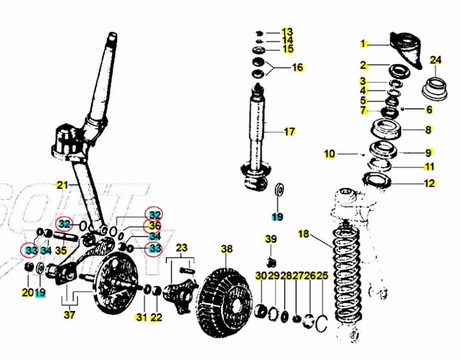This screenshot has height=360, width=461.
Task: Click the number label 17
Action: [289, 131]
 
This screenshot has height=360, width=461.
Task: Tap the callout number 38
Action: [226, 249]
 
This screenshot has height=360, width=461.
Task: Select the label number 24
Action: [435, 60]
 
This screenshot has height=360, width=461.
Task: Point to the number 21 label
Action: [62, 184]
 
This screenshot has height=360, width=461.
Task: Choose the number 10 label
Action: [329, 154]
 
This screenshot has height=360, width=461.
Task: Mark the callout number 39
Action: [271, 239]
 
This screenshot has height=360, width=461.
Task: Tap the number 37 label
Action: [69, 315]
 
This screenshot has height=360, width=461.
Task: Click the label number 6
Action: [429, 109]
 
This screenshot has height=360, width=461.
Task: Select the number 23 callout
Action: [181, 247]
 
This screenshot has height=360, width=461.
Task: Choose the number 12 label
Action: [429, 183]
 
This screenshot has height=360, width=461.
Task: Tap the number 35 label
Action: [62, 251]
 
